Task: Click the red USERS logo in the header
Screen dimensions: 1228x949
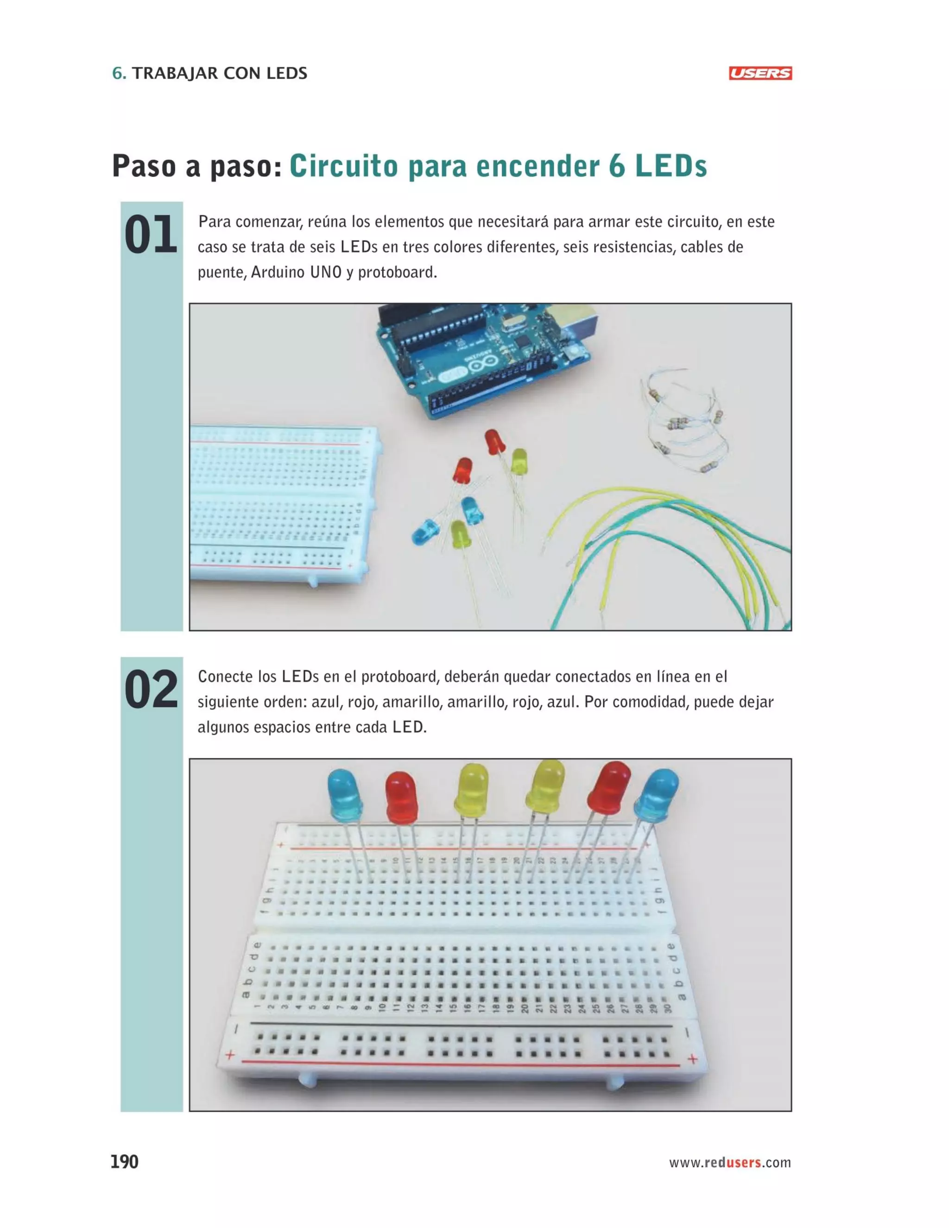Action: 759,73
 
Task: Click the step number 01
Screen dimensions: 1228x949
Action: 151,235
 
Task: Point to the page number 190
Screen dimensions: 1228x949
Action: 124,1162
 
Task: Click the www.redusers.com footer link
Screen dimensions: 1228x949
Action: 729,1163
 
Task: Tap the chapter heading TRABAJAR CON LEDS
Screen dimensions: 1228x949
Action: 220,73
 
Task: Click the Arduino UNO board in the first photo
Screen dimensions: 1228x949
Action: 483,360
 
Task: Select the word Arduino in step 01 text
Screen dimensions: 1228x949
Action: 278,272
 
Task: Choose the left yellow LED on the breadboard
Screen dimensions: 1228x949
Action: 472,790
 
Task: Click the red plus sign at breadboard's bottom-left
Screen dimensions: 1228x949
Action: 230,1055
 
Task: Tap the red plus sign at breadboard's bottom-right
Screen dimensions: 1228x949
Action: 692,1059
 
